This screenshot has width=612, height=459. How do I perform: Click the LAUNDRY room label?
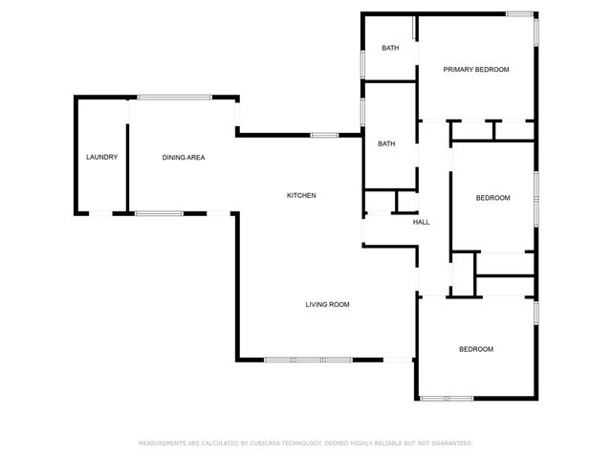(101, 157)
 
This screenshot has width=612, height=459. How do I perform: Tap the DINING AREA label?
(184, 157)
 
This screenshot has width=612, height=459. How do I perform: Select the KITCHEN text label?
(301, 195)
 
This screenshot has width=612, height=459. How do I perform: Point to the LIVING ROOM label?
(327, 304)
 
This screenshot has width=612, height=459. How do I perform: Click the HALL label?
(421, 222)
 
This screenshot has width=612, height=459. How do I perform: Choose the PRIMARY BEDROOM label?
(475, 70)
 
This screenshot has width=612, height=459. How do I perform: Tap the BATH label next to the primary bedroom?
(390, 48)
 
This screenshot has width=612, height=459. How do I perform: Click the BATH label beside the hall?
(386, 143)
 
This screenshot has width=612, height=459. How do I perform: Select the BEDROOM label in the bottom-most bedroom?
(476, 349)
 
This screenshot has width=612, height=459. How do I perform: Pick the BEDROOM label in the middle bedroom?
(493, 198)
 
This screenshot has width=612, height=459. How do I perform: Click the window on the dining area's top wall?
(175, 96)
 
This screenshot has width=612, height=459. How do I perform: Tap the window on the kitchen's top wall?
(324, 135)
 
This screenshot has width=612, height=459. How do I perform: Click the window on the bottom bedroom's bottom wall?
(446, 398)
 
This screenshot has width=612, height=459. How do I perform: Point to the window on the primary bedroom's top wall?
(519, 13)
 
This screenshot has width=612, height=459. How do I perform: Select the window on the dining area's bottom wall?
(159, 213)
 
